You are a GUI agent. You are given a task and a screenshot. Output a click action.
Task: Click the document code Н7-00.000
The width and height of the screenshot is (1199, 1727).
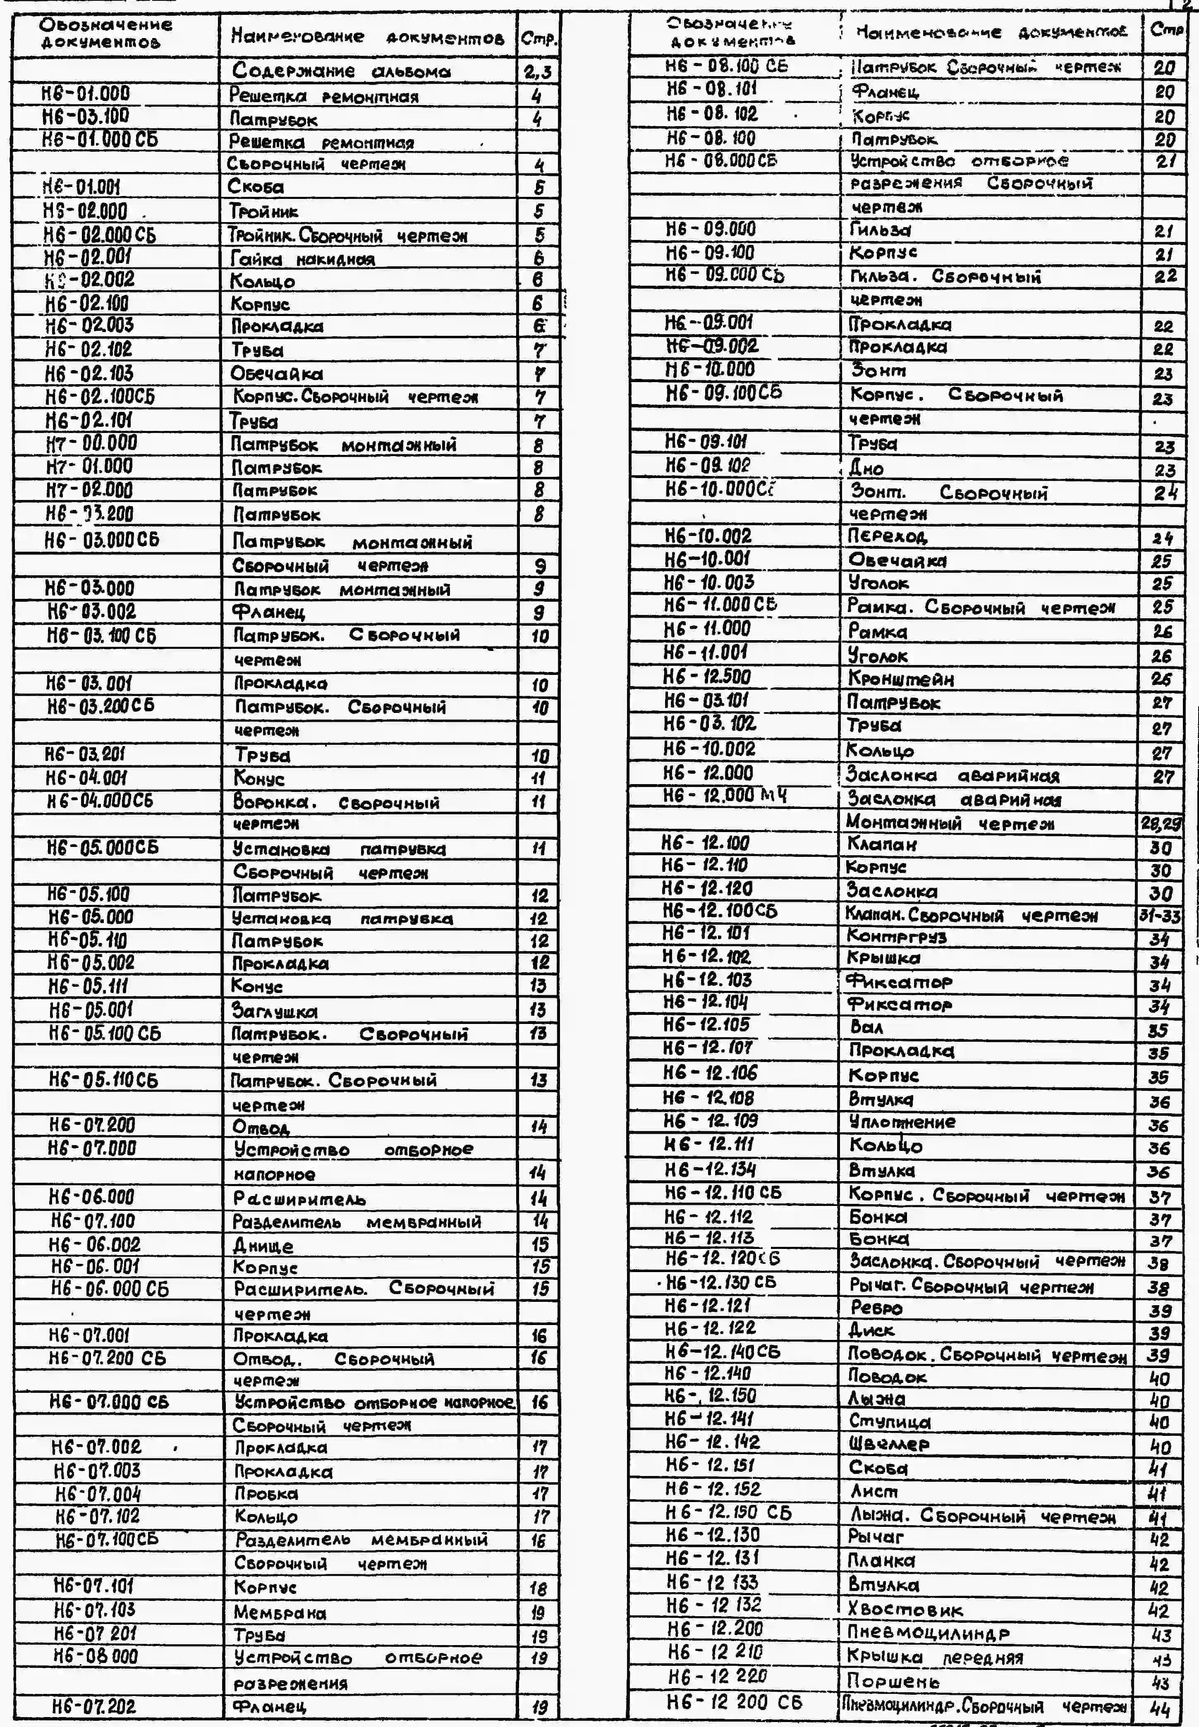(92, 444)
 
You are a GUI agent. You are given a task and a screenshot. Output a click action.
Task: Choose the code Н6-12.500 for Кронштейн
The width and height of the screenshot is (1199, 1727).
(707, 677)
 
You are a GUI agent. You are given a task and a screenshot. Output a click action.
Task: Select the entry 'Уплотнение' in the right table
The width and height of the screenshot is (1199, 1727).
(902, 1122)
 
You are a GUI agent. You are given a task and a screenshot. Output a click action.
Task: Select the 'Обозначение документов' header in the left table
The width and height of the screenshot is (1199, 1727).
(105, 33)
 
